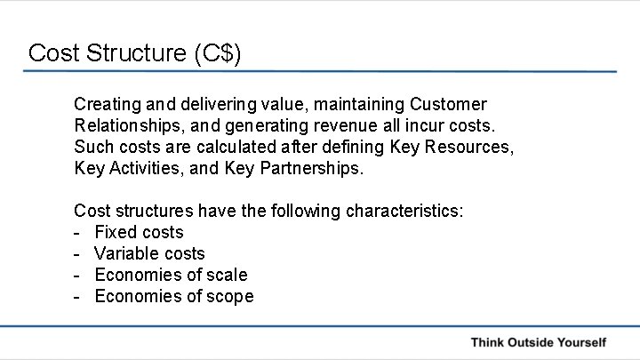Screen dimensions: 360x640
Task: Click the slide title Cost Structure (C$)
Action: point(134,52)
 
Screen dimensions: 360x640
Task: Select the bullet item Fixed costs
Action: point(139,232)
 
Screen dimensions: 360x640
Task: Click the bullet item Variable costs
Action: point(149,253)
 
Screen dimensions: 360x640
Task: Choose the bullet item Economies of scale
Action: point(171,275)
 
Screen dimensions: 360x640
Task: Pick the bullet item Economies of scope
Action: point(173,296)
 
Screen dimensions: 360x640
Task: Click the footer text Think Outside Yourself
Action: point(538,341)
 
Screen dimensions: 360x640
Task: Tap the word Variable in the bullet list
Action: point(127,253)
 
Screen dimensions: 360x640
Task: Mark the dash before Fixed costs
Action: point(78,232)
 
